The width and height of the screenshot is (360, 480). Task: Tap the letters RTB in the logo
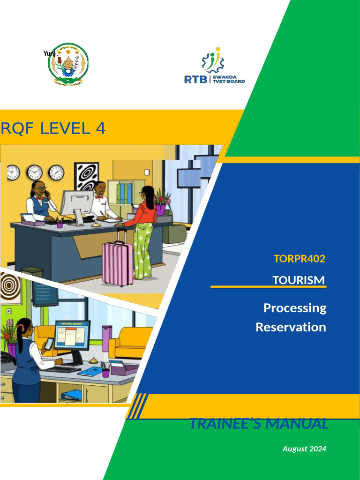pyautogui.click(x=195, y=79)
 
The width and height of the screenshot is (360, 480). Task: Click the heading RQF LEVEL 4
pyautogui.click(x=53, y=128)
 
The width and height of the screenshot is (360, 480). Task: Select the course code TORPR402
pyautogui.click(x=299, y=258)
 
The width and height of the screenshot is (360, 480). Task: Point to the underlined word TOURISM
pyautogui.click(x=298, y=280)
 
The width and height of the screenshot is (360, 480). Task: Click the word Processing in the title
pyautogui.click(x=294, y=308)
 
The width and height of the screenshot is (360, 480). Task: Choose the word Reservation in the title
pyautogui.click(x=291, y=327)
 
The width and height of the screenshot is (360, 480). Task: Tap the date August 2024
pyautogui.click(x=304, y=449)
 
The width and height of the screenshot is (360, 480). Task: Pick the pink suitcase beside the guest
pyautogui.click(x=117, y=263)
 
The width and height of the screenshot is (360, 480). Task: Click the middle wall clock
pyautogui.click(x=34, y=172)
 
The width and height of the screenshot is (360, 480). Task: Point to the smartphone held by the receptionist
pyautogui.click(x=49, y=344)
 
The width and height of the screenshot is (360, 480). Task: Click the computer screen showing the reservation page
pyautogui.click(x=72, y=335)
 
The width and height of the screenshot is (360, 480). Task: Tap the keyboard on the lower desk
pyautogui.click(x=61, y=369)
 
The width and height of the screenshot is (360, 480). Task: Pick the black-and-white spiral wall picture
pyautogui.click(x=86, y=177)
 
